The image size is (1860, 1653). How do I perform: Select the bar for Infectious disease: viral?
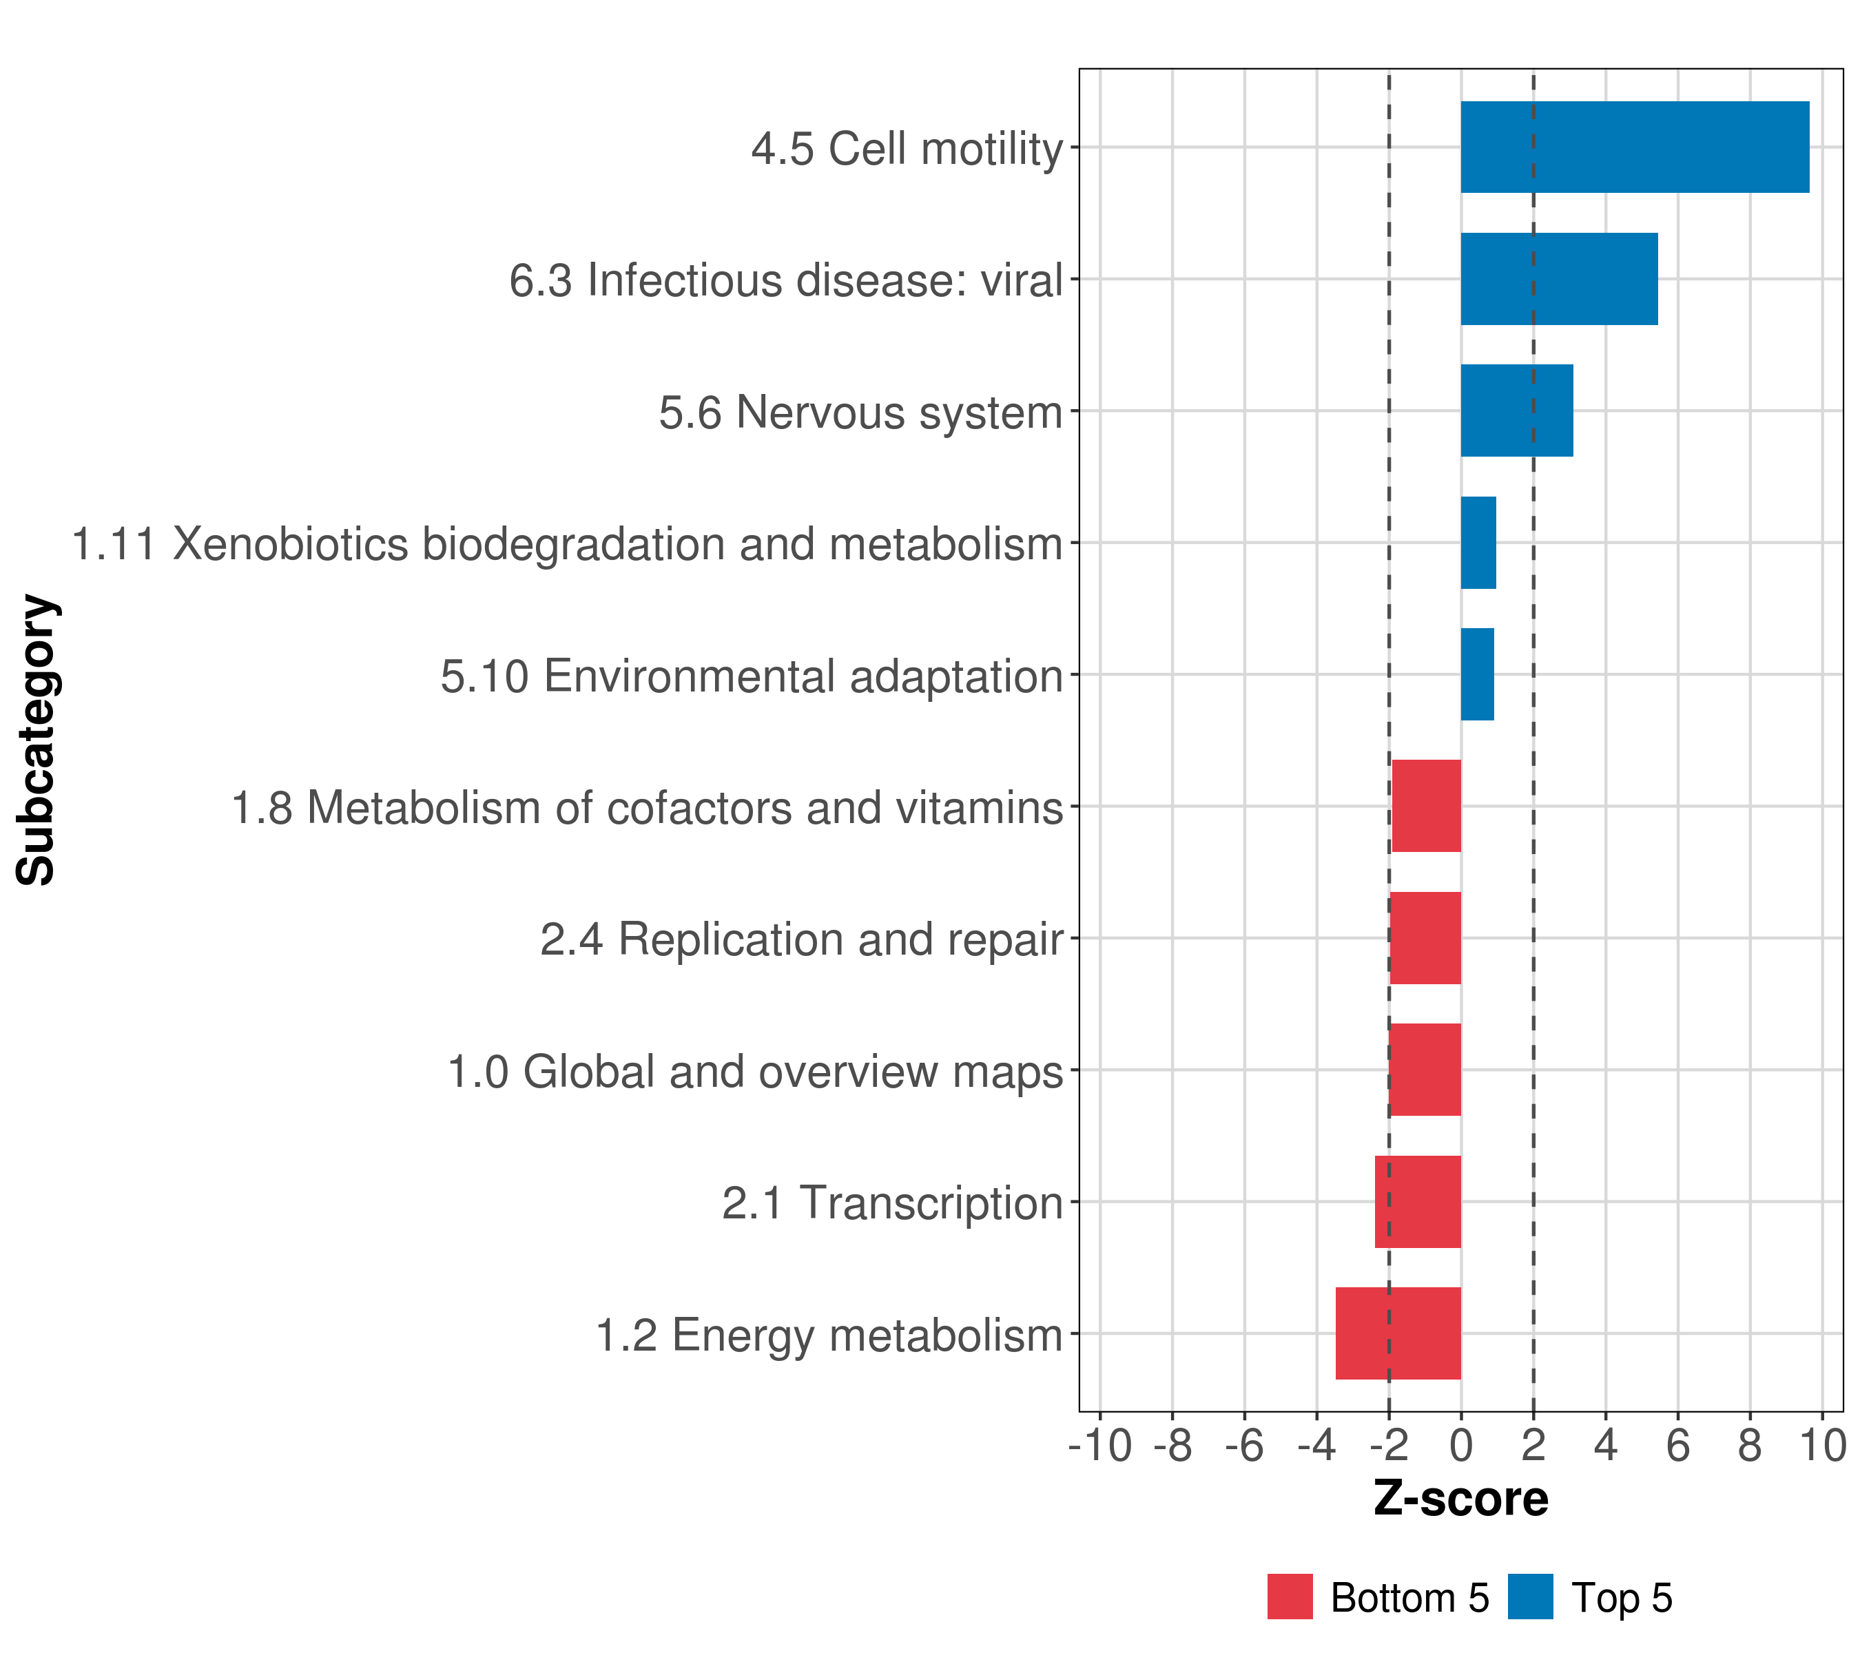(x=1559, y=280)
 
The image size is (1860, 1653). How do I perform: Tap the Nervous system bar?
(x=1516, y=410)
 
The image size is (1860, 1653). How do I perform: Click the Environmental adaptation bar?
(x=1477, y=674)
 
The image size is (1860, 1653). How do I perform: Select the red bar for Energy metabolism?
(x=1398, y=1333)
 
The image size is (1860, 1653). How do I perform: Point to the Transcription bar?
(x=1417, y=1201)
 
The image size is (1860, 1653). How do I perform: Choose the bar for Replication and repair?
(x=1425, y=938)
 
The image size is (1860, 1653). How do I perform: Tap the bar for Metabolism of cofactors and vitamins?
(x=1426, y=806)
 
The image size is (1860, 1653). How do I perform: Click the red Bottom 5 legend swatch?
(x=1290, y=1597)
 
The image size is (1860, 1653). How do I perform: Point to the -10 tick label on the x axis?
(x=1099, y=1446)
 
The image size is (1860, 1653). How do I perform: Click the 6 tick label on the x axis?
(x=1677, y=1446)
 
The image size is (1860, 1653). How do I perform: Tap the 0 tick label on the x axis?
(x=1460, y=1446)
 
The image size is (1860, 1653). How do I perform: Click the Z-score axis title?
(x=1460, y=1500)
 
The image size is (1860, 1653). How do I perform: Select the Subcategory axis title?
(x=38, y=740)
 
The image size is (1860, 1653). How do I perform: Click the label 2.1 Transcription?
(x=892, y=1203)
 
